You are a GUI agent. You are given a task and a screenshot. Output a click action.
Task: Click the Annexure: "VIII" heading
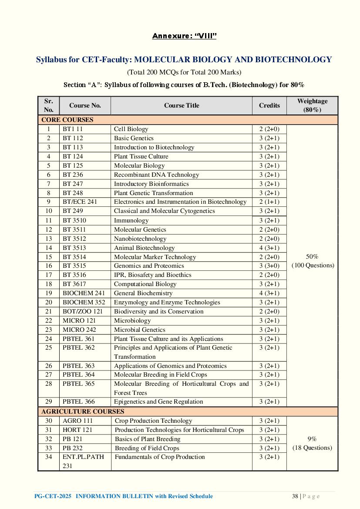point(184,36)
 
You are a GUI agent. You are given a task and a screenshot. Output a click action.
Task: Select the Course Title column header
point(182,105)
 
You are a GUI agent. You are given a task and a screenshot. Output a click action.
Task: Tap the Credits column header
point(269,105)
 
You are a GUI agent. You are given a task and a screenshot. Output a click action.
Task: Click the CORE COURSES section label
point(67,120)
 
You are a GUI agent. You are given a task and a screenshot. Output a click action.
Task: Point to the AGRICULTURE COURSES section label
point(83,411)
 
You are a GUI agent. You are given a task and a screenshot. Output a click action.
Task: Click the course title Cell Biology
point(131,129)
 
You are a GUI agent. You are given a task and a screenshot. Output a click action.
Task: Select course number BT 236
point(73,175)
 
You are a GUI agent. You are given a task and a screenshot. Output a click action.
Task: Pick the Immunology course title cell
point(131,220)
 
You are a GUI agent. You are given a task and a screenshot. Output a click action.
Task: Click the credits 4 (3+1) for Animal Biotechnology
point(269,248)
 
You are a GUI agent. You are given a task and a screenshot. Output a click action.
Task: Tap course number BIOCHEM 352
point(84,302)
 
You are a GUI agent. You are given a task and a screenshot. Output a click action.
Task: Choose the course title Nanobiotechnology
point(140,239)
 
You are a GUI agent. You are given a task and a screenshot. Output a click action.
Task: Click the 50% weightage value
point(312,257)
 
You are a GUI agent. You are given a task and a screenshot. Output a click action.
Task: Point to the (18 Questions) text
point(312,448)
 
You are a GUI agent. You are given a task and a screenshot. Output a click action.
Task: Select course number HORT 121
point(77,430)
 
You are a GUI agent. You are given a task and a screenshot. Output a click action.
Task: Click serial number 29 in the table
point(48,401)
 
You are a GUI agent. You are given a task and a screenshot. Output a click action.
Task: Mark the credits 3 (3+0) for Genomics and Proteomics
point(269,266)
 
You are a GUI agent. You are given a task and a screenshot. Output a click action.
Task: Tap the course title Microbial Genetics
point(139,330)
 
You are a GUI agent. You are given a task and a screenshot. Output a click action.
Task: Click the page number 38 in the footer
point(295,496)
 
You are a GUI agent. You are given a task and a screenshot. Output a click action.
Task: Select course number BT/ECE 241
point(80,202)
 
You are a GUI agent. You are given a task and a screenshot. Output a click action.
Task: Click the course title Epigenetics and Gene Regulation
point(158,401)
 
